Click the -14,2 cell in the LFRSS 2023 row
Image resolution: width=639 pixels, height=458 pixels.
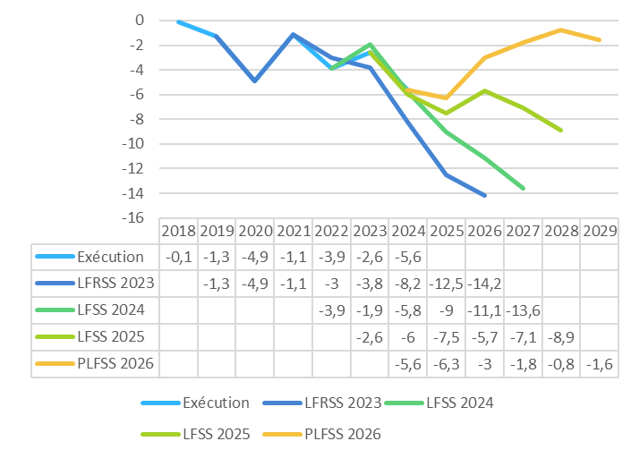coord(484,284)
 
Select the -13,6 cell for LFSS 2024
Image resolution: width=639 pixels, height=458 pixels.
coord(523,310)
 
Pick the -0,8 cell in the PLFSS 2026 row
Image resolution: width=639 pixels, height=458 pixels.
coord(561,364)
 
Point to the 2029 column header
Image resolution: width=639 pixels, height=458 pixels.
coord(600,231)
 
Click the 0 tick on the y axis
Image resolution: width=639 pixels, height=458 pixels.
coord(139,21)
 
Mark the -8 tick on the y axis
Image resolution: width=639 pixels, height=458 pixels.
coord(135,119)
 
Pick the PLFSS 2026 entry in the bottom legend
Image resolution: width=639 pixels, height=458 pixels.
coord(332,434)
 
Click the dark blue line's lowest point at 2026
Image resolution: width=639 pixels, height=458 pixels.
coord(485,195)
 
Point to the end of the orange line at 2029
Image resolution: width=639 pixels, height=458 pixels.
coord(600,40)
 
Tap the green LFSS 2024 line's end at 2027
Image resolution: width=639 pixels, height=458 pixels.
coord(524,188)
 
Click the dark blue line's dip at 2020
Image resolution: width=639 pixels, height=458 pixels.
coord(255,81)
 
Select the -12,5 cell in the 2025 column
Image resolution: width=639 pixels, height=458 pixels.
coord(446,284)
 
